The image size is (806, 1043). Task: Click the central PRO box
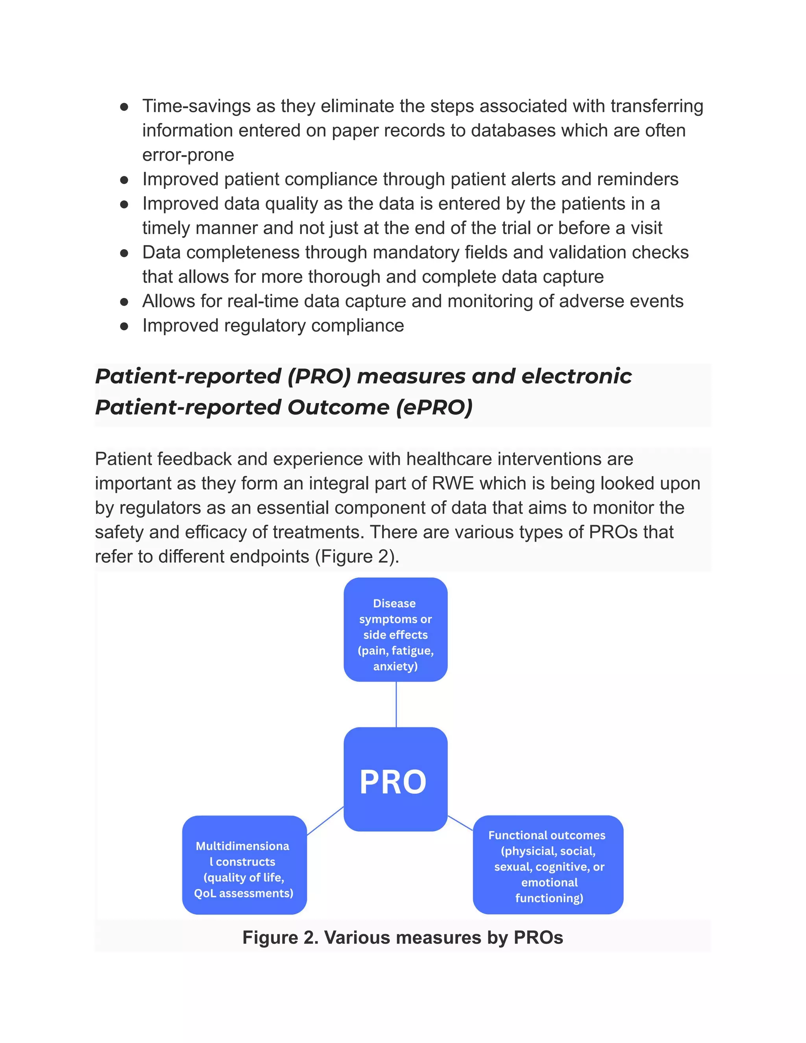click(x=396, y=779)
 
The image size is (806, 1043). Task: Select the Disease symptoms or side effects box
click(x=396, y=629)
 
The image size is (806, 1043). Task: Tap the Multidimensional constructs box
click(x=244, y=865)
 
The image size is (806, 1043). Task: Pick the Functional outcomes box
click(x=548, y=864)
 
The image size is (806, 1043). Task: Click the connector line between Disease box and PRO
click(x=396, y=704)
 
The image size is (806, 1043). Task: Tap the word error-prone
click(x=188, y=155)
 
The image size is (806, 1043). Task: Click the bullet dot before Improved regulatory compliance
click(x=124, y=326)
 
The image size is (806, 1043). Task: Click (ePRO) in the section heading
click(x=434, y=407)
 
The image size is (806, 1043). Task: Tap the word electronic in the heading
click(x=576, y=376)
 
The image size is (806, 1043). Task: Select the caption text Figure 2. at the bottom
click(x=280, y=938)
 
